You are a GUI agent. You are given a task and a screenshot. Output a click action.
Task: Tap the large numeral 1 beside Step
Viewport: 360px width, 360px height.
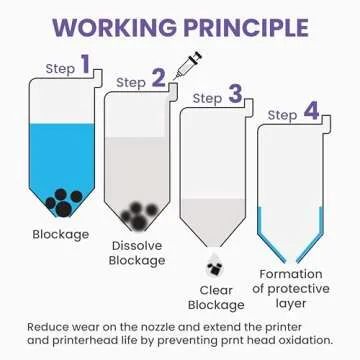click(85, 66)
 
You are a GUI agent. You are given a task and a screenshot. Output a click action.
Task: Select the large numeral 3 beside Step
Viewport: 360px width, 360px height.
click(235, 95)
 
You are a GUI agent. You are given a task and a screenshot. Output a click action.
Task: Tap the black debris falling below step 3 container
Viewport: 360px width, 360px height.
click(213, 268)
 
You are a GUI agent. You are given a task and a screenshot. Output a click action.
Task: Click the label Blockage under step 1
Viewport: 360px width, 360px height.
click(60, 236)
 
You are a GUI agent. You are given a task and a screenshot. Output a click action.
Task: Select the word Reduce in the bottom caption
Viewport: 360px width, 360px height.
click(47, 327)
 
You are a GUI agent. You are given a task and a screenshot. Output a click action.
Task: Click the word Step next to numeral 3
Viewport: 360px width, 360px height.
click(207, 99)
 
